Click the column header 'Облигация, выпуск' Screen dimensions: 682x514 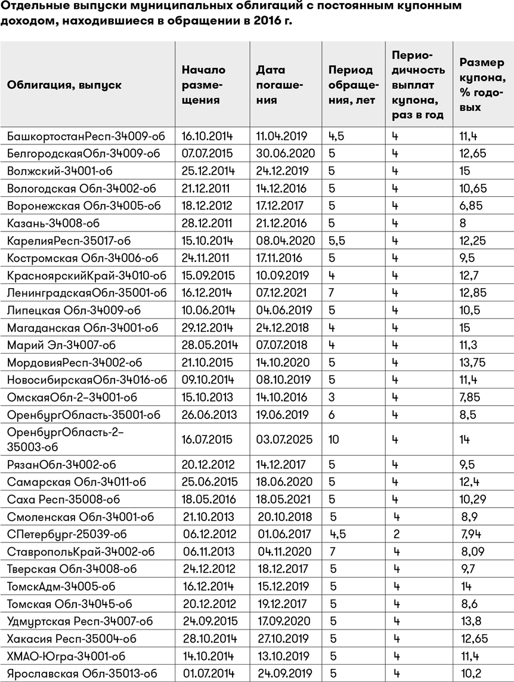click(64, 85)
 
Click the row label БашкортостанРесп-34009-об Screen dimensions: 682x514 click(82, 136)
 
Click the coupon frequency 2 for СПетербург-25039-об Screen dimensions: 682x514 click(396, 534)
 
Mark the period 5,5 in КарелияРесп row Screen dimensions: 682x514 click(336, 240)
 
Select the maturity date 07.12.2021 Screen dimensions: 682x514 click(281, 293)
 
